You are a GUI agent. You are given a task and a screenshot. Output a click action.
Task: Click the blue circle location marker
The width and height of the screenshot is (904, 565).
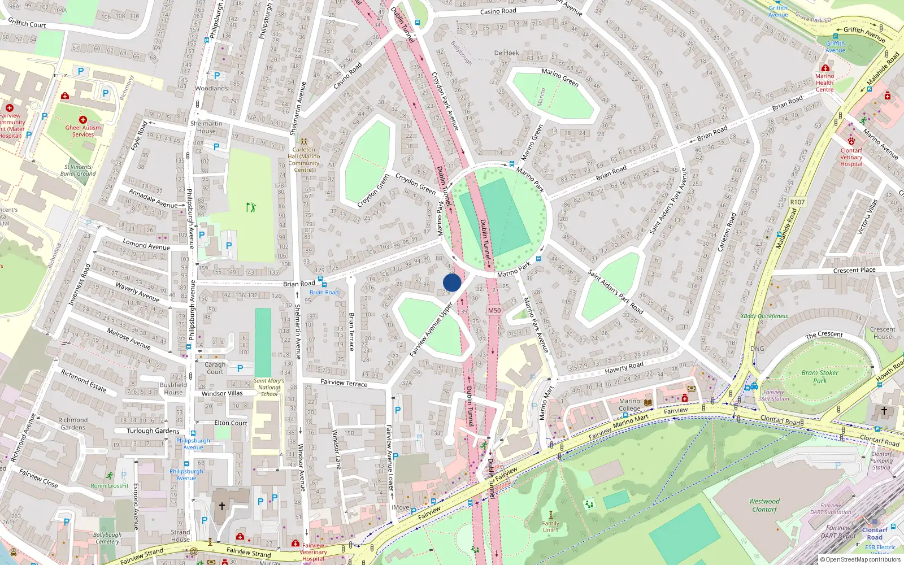coord(452,282)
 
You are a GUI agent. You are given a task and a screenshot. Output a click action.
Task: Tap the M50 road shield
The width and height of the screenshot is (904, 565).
coord(494,310)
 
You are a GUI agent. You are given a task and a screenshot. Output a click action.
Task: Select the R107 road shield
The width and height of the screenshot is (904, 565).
coord(797,202)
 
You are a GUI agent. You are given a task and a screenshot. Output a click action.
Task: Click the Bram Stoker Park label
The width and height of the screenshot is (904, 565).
coord(820,377)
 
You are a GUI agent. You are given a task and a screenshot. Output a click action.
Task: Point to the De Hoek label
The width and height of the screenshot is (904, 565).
coord(506,53)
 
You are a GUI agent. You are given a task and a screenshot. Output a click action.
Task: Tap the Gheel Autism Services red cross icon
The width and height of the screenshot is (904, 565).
coord(83,120)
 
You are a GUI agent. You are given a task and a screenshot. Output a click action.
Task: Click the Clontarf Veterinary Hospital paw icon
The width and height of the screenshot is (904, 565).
coord(851,141)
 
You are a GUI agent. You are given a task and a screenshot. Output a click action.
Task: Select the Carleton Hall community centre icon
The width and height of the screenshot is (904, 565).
coord(303,142)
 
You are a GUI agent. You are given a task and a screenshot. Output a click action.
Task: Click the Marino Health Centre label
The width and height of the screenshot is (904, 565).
coord(824,82)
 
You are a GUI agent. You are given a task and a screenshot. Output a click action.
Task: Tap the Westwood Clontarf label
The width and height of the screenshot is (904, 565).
coord(764,505)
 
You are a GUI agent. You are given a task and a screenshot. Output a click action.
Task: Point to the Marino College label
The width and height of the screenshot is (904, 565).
coord(629,405)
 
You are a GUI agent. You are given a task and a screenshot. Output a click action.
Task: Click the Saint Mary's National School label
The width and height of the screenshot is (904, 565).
coord(269,387)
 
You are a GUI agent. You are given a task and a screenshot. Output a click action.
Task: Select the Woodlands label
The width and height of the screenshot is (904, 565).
coord(211,89)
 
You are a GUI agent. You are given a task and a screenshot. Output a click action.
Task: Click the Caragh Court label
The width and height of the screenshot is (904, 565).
coord(215,368)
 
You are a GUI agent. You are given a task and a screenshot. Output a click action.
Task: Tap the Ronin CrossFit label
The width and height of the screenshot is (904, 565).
coord(110,485)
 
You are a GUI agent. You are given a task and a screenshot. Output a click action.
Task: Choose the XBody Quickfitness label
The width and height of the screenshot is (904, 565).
coord(764,316)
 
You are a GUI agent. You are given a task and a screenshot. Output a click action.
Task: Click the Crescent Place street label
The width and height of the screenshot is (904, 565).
coord(854,270)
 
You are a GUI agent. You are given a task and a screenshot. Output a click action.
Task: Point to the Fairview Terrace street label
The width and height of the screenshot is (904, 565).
coord(344,383)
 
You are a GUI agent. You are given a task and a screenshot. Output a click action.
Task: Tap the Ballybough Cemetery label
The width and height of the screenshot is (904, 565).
coord(107,538)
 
